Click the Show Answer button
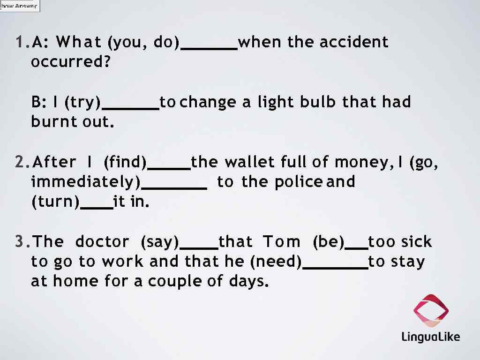click(x=20, y=6)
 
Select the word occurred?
click(x=70, y=62)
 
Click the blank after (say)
click(x=199, y=246)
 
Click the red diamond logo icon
click(x=431, y=310)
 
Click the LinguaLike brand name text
click(x=430, y=337)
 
